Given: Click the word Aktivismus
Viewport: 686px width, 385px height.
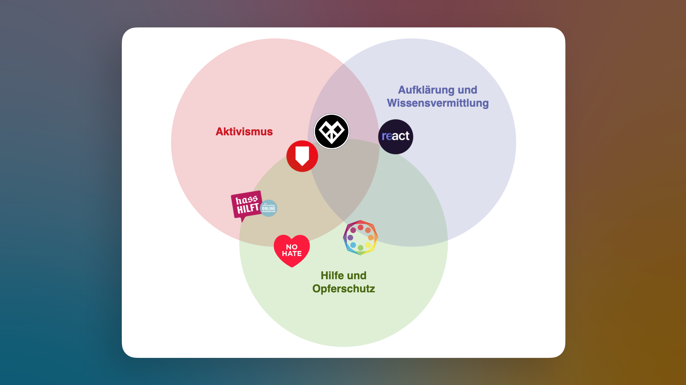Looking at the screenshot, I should coord(244,131).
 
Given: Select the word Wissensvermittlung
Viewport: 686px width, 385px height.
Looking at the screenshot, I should coord(438,103).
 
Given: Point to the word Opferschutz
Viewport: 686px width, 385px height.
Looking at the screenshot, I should coord(344,289).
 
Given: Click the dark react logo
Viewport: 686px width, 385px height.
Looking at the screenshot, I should coord(396,137).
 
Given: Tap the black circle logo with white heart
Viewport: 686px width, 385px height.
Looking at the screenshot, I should coord(331,131).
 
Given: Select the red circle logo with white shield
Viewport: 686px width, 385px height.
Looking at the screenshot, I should coord(302,156).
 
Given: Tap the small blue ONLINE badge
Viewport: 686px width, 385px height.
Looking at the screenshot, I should coord(269,208).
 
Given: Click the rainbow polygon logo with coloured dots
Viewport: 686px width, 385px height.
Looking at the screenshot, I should coord(360,237).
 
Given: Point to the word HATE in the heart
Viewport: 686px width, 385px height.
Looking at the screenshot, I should coord(292,254).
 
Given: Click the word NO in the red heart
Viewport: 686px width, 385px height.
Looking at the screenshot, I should coord(292,247).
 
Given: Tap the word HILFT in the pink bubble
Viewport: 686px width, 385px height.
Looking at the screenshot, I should coord(247,209).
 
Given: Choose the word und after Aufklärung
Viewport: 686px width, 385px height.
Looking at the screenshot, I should coord(467,90).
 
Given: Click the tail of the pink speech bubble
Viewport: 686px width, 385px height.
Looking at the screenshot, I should coord(243,220).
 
